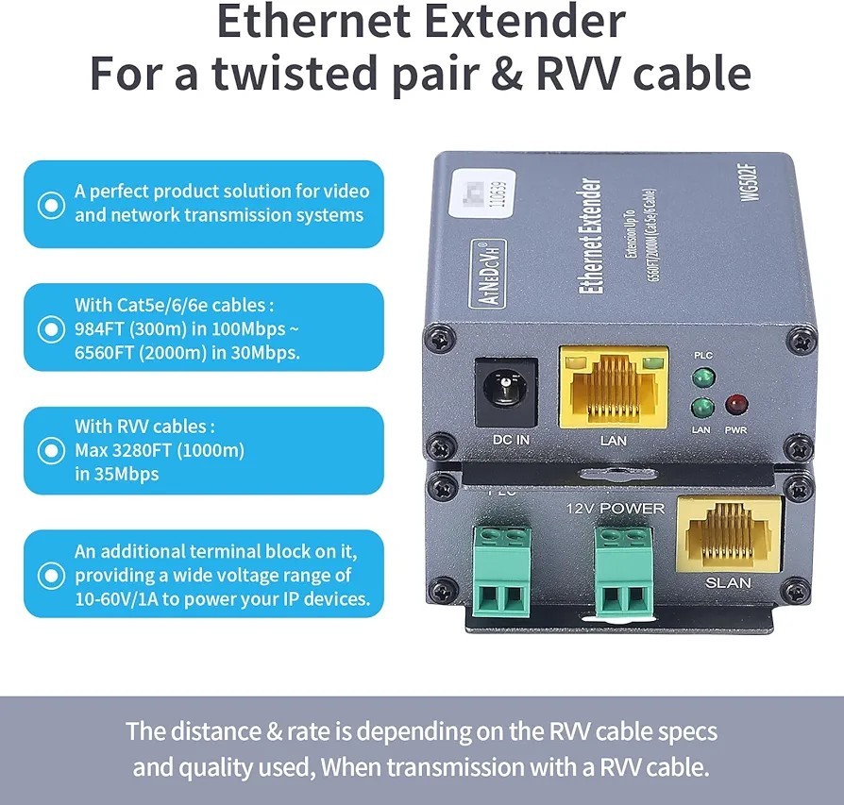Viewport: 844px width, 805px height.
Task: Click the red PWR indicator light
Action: (734, 407)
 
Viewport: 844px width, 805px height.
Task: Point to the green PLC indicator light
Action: (701, 378)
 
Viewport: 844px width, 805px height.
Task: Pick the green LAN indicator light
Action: (701, 409)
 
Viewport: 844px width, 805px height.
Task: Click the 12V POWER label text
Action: (615, 509)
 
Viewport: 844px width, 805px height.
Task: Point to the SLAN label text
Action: (728, 582)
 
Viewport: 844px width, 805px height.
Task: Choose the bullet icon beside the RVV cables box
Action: (47, 450)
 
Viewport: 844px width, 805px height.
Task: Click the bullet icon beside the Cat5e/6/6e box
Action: (47, 328)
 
